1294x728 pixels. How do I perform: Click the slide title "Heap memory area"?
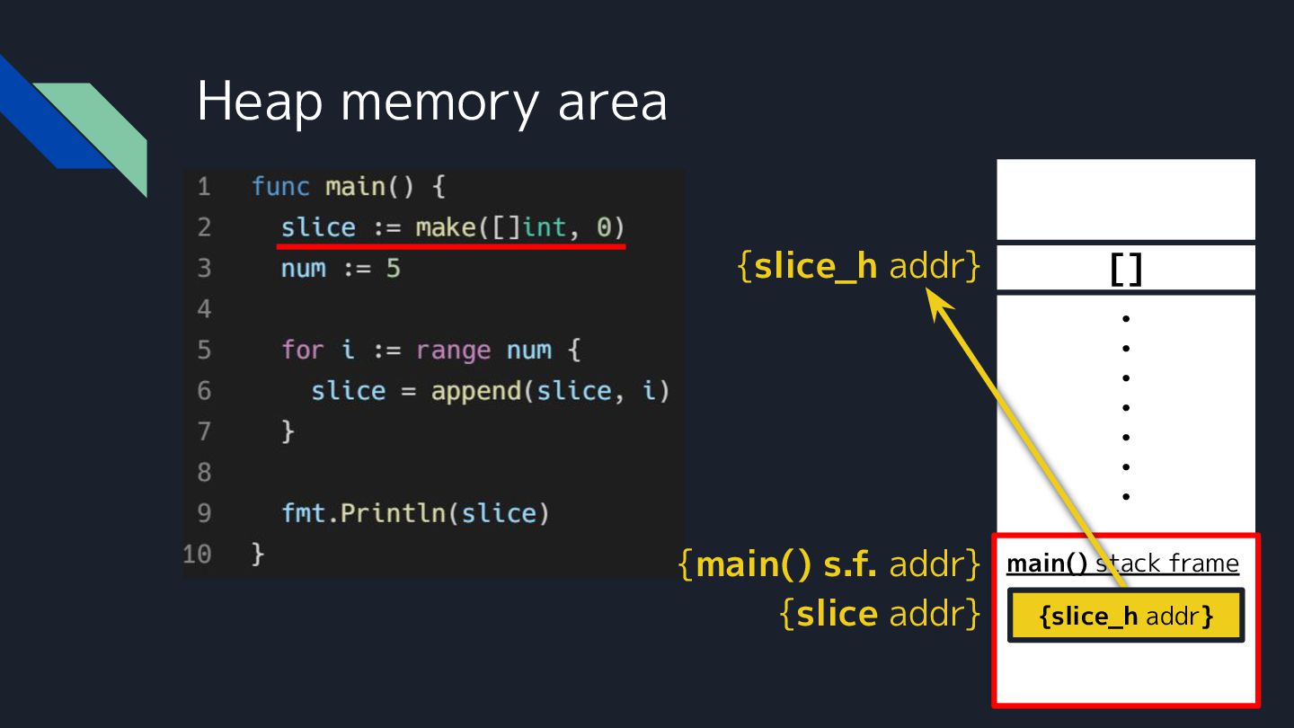pos(431,101)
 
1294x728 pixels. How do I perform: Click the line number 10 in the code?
pos(198,554)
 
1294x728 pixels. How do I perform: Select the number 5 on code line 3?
pos(393,268)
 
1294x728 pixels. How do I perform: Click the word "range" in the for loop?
pos(453,350)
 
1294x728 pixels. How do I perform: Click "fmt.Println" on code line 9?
pos(364,513)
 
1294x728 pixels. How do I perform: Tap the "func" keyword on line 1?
pos(280,187)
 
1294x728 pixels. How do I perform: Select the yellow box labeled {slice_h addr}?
pos(1126,617)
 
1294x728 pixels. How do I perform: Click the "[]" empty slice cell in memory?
pos(1126,269)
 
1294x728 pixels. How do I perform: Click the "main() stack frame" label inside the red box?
pos(1122,564)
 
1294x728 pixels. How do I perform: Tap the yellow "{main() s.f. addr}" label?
pos(829,564)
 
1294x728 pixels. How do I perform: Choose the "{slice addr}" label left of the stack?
pos(880,614)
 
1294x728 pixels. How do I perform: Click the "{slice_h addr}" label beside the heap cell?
pos(858,267)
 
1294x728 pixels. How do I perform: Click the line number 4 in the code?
pos(204,309)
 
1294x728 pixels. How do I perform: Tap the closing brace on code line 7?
pos(288,431)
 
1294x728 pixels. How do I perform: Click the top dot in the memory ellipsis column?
pos(1125,318)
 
